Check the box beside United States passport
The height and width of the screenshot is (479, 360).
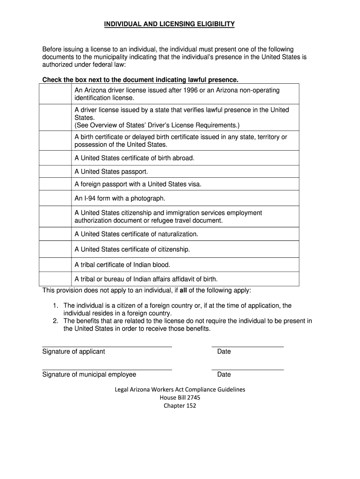[x=55, y=171]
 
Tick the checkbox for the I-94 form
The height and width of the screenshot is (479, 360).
[x=55, y=198]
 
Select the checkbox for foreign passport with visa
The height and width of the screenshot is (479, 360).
[x=55, y=184]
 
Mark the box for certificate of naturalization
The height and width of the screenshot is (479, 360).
[x=55, y=234]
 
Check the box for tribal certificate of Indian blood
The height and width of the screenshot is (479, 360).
[x=55, y=265]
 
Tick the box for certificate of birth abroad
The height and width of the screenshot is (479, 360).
[x=55, y=158]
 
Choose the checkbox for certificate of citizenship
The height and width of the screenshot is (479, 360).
[x=55, y=249]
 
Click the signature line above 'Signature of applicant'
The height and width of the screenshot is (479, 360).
[x=107, y=347]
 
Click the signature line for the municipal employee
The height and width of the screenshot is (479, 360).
[x=107, y=370]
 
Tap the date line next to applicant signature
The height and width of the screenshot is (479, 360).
[x=247, y=347]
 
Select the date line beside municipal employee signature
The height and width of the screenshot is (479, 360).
[x=247, y=370]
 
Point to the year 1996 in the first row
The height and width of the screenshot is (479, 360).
[x=191, y=90]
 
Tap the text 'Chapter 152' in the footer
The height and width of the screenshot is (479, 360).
[x=180, y=406]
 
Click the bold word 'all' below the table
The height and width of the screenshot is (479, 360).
[x=184, y=290]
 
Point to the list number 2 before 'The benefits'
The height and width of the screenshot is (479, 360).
[x=55, y=321]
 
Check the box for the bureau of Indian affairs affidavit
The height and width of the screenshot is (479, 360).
[x=55, y=279]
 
